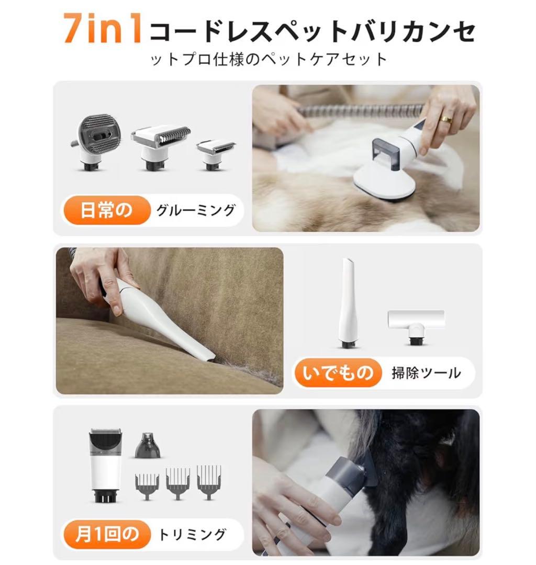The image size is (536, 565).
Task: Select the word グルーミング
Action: (196, 211)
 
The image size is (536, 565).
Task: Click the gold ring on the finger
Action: (445, 119)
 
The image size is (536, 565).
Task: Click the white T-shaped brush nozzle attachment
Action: (416, 324)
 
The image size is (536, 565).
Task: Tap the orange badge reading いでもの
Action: (337, 372)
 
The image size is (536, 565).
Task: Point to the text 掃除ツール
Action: (426, 373)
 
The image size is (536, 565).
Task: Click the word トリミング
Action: (192, 534)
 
